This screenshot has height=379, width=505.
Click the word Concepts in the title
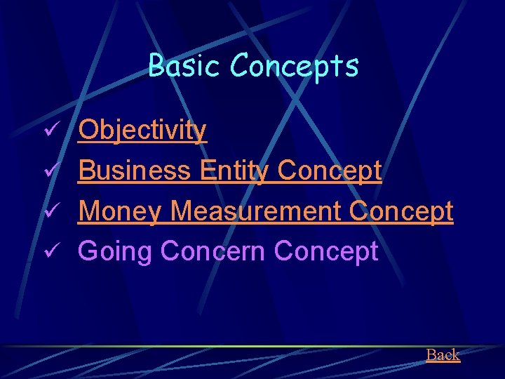click(294, 67)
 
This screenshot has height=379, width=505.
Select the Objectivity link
click(142, 131)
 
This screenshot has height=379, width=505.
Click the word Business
click(134, 171)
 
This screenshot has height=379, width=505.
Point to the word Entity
click(234, 171)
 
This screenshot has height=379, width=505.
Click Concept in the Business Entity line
click(330, 171)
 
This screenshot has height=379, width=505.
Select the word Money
click(120, 211)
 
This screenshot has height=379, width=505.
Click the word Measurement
click(255, 211)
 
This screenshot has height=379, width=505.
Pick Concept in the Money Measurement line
click(401, 211)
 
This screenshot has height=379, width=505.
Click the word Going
click(115, 251)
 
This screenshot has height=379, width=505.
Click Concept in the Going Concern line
click(326, 251)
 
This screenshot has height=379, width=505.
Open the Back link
click(443, 355)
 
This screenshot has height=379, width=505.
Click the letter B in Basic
click(156, 67)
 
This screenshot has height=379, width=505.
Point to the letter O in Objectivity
click(88, 131)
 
